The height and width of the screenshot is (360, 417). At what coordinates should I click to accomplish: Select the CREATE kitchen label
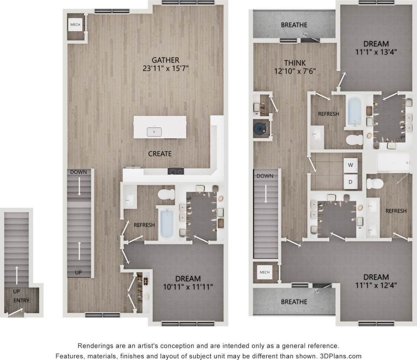[x=160, y=154]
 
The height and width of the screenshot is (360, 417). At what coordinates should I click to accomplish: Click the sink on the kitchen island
[x=154, y=132]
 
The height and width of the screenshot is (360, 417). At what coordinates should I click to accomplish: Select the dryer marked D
[x=351, y=181]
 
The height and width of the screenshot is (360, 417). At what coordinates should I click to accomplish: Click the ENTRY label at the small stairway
[x=21, y=300]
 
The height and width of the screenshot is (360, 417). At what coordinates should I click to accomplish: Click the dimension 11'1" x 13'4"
[x=376, y=52]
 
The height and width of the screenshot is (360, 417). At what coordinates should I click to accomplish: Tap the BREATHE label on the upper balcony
[x=294, y=25]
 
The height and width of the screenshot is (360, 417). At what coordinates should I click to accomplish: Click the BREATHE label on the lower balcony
[x=294, y=301]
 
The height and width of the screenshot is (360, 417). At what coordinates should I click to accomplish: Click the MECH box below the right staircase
[x=265, y=272]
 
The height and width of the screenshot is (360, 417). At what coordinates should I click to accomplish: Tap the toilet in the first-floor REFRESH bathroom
[x=167, y=194]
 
